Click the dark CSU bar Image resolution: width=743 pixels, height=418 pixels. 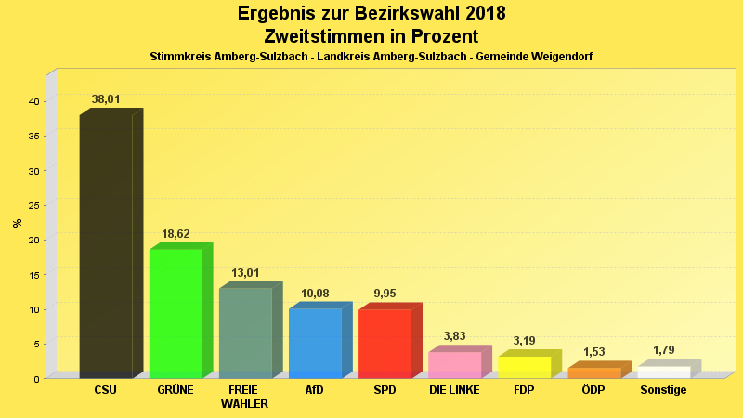[106, 246]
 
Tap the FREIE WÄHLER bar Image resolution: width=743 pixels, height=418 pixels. [245, 333]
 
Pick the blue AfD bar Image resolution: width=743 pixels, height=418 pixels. [315, 343]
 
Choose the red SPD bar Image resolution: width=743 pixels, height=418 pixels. [385, 343]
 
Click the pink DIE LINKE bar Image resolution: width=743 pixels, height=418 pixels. [454, 364]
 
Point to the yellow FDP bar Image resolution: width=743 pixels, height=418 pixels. [524, 367]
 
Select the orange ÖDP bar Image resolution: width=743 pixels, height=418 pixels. [593, 372]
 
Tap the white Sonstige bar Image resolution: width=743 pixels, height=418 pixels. [663, 372]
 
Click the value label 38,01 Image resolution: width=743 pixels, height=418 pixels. [106, 98]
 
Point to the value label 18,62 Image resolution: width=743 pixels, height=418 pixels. [176, 234]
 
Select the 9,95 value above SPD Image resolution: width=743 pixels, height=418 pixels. [385, 294]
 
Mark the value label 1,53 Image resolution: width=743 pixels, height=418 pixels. [593, 352]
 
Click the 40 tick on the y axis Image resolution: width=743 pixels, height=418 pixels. [33, 101]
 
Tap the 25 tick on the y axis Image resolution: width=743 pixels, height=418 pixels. [33, 205]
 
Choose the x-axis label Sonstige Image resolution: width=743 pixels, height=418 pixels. [663, 390]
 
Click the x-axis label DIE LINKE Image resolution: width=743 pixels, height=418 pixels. [454, 390]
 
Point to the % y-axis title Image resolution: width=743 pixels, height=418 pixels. [17, 223]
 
